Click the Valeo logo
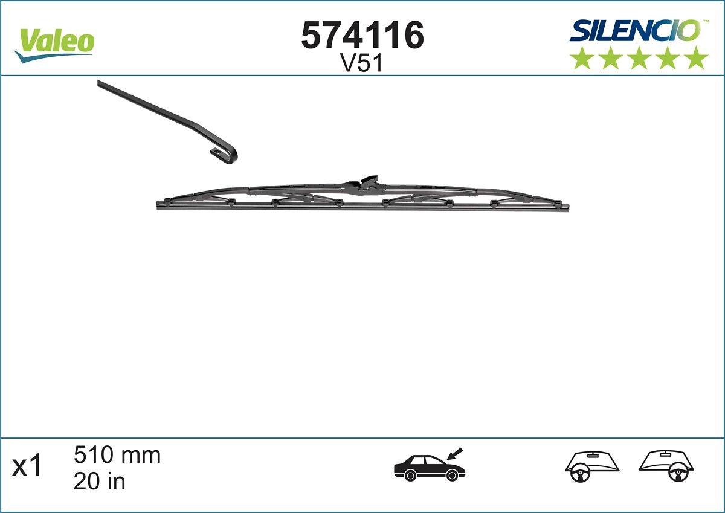(x=54, y=44)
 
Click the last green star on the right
(x=696, y=58)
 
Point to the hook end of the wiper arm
(x=227, y=154)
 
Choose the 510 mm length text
(x=117, y=455)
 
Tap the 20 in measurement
(x=99, y=481)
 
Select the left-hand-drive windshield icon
(x=592, y=466)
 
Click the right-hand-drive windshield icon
(x=666, y=466)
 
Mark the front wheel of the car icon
(x=451, y=476)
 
